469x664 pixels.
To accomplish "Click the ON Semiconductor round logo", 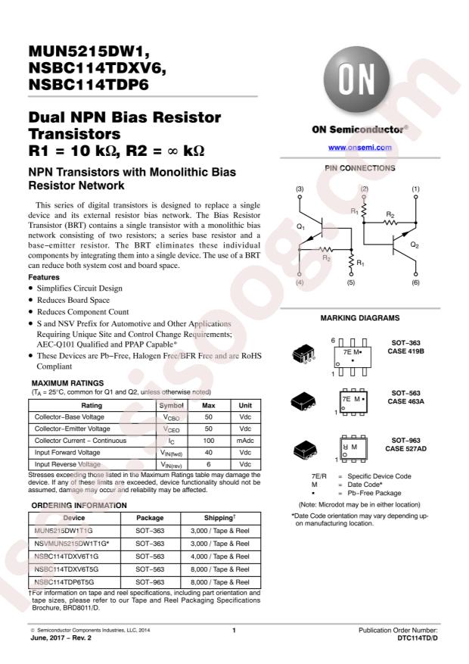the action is (x=356, y=80).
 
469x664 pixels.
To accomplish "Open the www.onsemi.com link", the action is (x=360, y=148).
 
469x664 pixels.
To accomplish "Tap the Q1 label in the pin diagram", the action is (x=300, y=227).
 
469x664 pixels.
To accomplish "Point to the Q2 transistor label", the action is (x=415, y=245).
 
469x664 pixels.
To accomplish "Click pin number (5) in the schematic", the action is (x=350, y=282).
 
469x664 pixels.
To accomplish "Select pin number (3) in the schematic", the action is (x=300, y=189).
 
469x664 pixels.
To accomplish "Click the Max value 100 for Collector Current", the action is (x=209, y=441).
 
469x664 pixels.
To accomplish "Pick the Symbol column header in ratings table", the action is (x=171, y=405).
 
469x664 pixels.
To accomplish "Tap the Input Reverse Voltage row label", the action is (x=67, y=464).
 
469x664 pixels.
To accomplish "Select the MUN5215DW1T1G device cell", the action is (x=64, y=531).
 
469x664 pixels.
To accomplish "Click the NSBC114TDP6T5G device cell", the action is (x=64, y=582).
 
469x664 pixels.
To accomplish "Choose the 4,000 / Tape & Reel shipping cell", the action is (x=220, y=556).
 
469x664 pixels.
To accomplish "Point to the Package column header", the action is (x=150, y=518).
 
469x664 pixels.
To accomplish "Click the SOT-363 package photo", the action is (x=303, y=354).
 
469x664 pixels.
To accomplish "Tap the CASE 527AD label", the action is (x=405, y=449).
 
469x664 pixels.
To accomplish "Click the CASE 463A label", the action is (x=405, y=401).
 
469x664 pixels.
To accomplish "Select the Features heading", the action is (x=44, y=277).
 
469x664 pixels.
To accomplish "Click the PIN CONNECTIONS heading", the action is (x=360, y=168).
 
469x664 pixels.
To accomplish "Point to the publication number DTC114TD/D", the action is (x=418, y=638).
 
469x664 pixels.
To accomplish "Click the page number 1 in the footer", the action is (x=234, y=630).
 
